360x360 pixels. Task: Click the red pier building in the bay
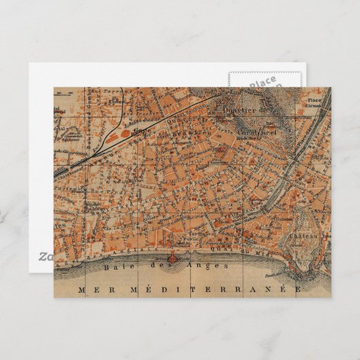pyautogui.click(x=171, y=258)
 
